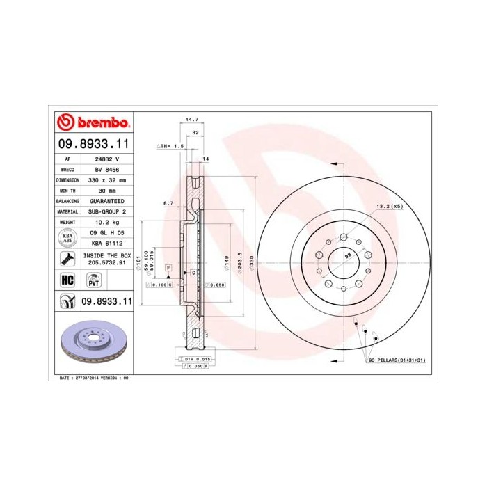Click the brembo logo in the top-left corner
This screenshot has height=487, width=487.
(x=93, y=123)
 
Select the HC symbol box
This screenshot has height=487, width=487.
(x=67, y=280)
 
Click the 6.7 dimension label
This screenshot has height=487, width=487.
(x=168, y=204)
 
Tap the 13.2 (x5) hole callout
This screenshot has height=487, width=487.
(x=390, y=207)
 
